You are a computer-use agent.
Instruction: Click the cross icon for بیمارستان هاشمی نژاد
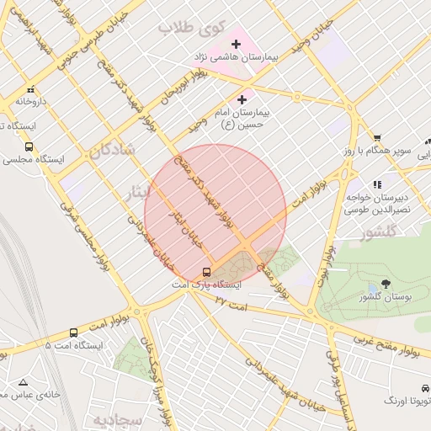236,43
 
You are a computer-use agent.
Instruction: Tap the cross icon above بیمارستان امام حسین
242,99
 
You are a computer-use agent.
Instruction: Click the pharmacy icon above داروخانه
30,89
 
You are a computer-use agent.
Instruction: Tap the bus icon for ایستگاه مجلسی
30,146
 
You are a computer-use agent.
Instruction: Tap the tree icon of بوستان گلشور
386,284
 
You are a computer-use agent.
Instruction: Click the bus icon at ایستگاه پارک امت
206,272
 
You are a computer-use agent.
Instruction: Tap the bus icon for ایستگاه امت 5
74,333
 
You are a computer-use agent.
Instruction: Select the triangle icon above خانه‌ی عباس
23,382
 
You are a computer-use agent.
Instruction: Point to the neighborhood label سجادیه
114,419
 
